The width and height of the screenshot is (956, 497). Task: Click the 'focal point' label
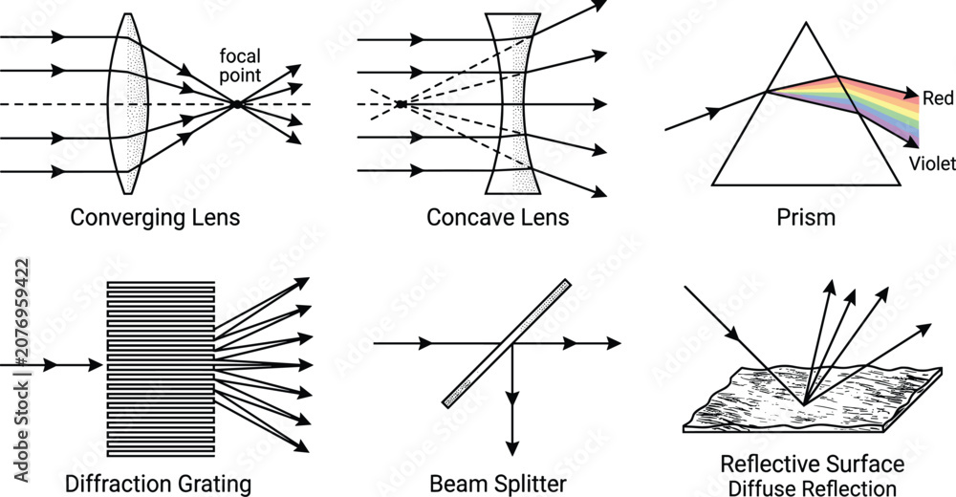pos(240,65)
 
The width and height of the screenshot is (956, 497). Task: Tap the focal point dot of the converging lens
pos(236,104)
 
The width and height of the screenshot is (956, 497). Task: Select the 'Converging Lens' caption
pos(155,218)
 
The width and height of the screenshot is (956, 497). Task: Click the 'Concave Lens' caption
pos(497,217)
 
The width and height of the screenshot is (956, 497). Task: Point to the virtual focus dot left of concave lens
pos(401,104)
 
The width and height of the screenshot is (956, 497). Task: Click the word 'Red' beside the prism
pos(938,97)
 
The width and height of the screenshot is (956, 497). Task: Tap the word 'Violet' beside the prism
pos(932,163)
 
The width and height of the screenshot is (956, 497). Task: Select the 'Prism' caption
pos(806,218)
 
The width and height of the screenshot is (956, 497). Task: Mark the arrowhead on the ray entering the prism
pos(713,112)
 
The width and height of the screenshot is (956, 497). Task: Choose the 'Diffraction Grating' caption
pos(158,485)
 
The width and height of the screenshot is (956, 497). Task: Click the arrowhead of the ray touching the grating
pos(96,365)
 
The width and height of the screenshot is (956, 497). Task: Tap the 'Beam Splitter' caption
pos(497,485)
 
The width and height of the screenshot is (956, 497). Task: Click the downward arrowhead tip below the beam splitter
pos(512,455)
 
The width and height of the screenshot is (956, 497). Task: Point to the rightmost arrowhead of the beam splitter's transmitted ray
pos(614,343)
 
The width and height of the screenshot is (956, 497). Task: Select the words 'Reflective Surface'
pos(812,464)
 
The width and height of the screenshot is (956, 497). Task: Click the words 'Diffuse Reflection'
pos(812,487)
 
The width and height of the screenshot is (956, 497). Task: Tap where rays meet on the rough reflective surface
pos(805,404)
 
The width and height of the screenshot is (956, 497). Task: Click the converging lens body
pos(127,103)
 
